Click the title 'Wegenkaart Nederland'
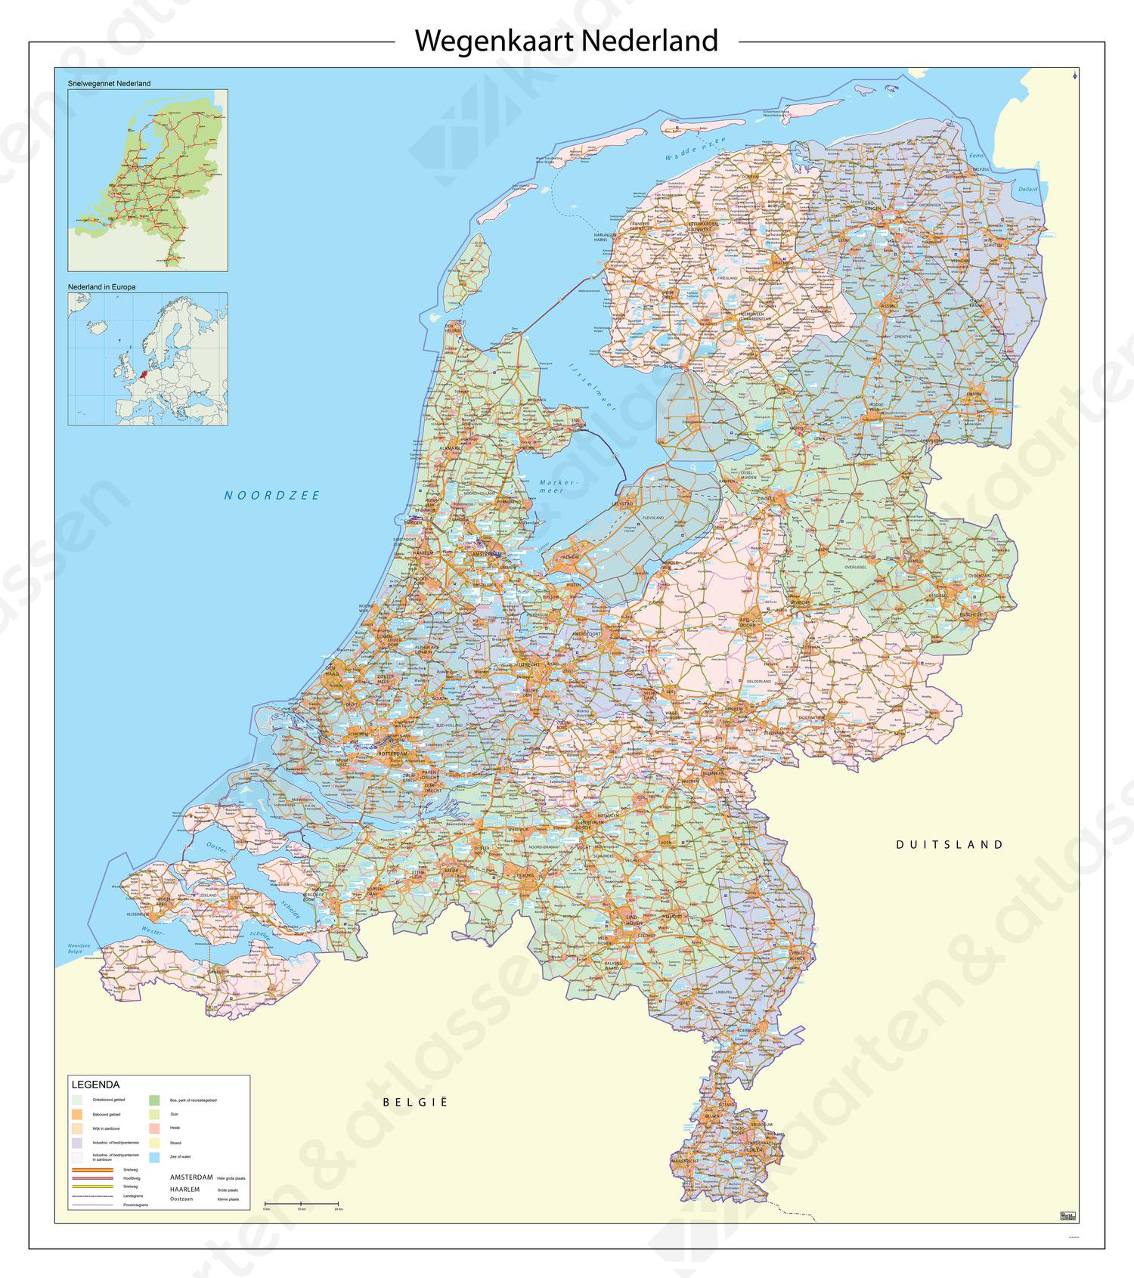[566, 41]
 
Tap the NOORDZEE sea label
[272, 496]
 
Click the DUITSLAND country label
[950, 845]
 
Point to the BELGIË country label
[415, 1102]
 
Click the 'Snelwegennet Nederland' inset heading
[109, 83]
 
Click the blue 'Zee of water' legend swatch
[154, 1157]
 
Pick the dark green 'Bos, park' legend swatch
[154, 1100]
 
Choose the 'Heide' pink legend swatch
[154, 1128]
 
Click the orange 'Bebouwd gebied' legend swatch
[77, 1114]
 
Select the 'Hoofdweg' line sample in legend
[93, 1178]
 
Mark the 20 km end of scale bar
[338, 1204]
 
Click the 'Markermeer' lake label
[558, 487]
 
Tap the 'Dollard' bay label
[1027, 189]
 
